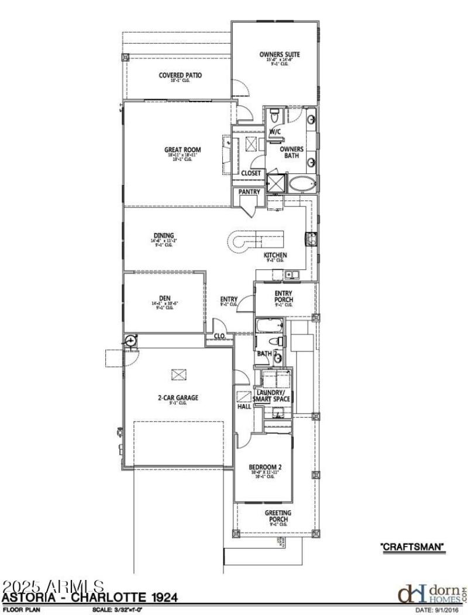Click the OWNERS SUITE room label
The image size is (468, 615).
coord(280,55)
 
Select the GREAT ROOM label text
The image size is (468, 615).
coord(182,150)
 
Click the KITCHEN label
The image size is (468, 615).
coord(275,256)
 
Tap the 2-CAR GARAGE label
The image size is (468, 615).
coord(178,398)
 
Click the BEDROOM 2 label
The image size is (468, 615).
coord(265,467)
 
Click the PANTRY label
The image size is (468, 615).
coord(249,192)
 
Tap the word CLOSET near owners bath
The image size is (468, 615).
coord(251,173)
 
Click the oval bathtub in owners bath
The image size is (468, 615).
coord(302,184)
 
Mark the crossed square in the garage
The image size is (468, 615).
coord(177,373)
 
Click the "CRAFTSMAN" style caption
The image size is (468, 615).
coord(413,547)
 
